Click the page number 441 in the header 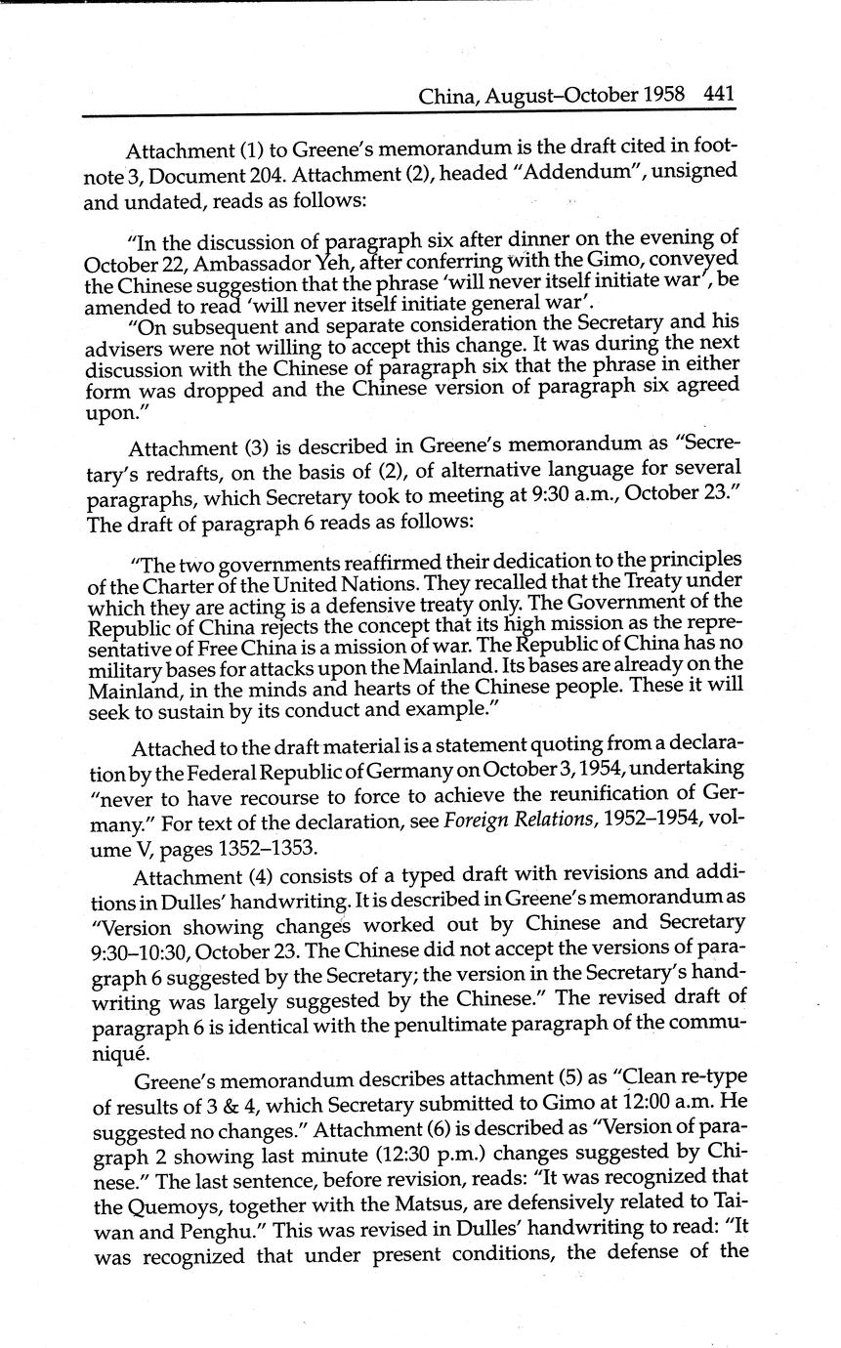coord(718,95)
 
